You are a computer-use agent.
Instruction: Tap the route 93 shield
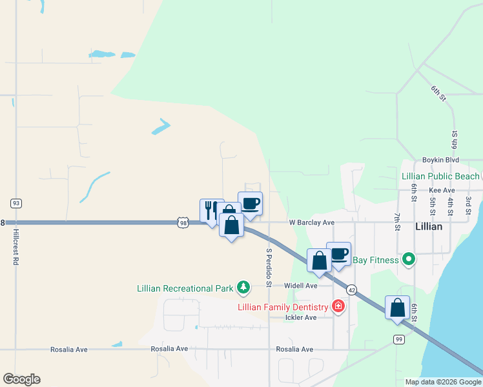(16, 203)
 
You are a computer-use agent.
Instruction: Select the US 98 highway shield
(183, 223)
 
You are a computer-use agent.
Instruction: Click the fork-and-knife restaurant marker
(211, 209)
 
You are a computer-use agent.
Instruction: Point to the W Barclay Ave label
(311, 223)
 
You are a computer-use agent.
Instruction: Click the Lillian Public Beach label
(440, 176)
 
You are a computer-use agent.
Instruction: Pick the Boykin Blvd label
(440, 159)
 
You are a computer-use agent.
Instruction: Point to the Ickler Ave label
(302, 317)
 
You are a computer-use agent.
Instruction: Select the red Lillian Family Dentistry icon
(337, 306)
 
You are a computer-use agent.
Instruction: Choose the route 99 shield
(398, 339)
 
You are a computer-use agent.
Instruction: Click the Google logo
(21, 379)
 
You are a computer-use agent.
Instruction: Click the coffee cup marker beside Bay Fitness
(338, 253)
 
